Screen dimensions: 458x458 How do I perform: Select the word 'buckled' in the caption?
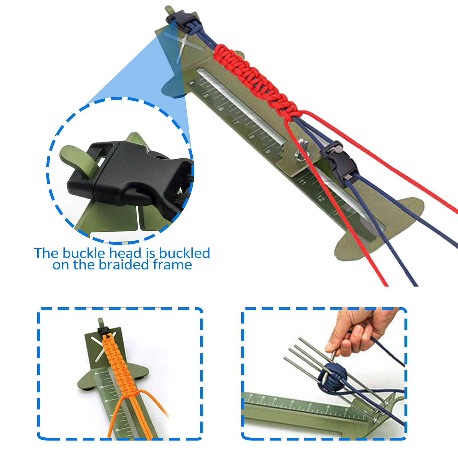point(185,253)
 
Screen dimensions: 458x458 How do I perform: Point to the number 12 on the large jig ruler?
point(321,198)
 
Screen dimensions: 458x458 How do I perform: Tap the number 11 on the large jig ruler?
point(302,182)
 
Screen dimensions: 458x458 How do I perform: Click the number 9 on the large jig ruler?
point(268,151)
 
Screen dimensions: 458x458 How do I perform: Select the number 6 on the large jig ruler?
point(221,109)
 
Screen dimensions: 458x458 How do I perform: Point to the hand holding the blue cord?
point(361,332)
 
